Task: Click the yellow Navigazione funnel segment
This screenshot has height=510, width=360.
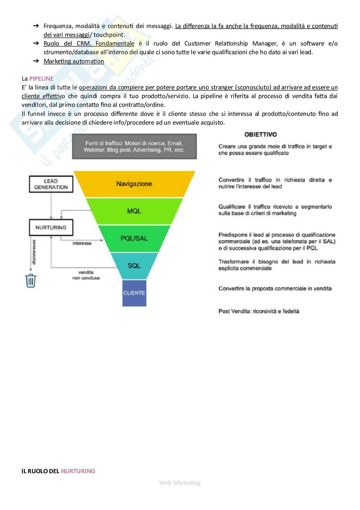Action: click(134, 184)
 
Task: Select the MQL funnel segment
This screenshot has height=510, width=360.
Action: click(134, 211)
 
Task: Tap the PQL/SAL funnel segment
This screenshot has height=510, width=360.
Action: click(134, 239)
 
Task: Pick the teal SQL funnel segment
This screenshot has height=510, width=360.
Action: click(134, 266)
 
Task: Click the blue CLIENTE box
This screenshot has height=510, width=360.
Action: click(134, 293)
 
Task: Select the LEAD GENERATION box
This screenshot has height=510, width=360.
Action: click(51, 184)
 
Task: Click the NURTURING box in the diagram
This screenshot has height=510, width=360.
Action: click(51, 228)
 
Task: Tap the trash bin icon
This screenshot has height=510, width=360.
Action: click(31, 280)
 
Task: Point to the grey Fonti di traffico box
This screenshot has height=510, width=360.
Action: click(134, 147)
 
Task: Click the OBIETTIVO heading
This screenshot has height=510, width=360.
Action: click(261, 135)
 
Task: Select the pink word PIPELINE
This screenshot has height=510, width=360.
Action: click(41, 78)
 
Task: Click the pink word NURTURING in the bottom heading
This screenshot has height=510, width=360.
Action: click(78, 471)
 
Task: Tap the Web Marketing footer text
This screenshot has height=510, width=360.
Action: click(180, 483)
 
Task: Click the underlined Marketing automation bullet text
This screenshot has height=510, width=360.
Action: click(74, 61)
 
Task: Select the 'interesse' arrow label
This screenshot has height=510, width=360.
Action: click(82, 243)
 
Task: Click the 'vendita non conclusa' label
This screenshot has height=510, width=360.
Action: click(86, 275)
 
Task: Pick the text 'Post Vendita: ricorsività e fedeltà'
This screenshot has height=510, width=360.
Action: click(259, 311)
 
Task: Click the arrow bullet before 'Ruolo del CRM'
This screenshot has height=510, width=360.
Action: click(36, 43)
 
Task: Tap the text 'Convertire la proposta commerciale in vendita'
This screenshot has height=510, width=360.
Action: click(275, 289)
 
